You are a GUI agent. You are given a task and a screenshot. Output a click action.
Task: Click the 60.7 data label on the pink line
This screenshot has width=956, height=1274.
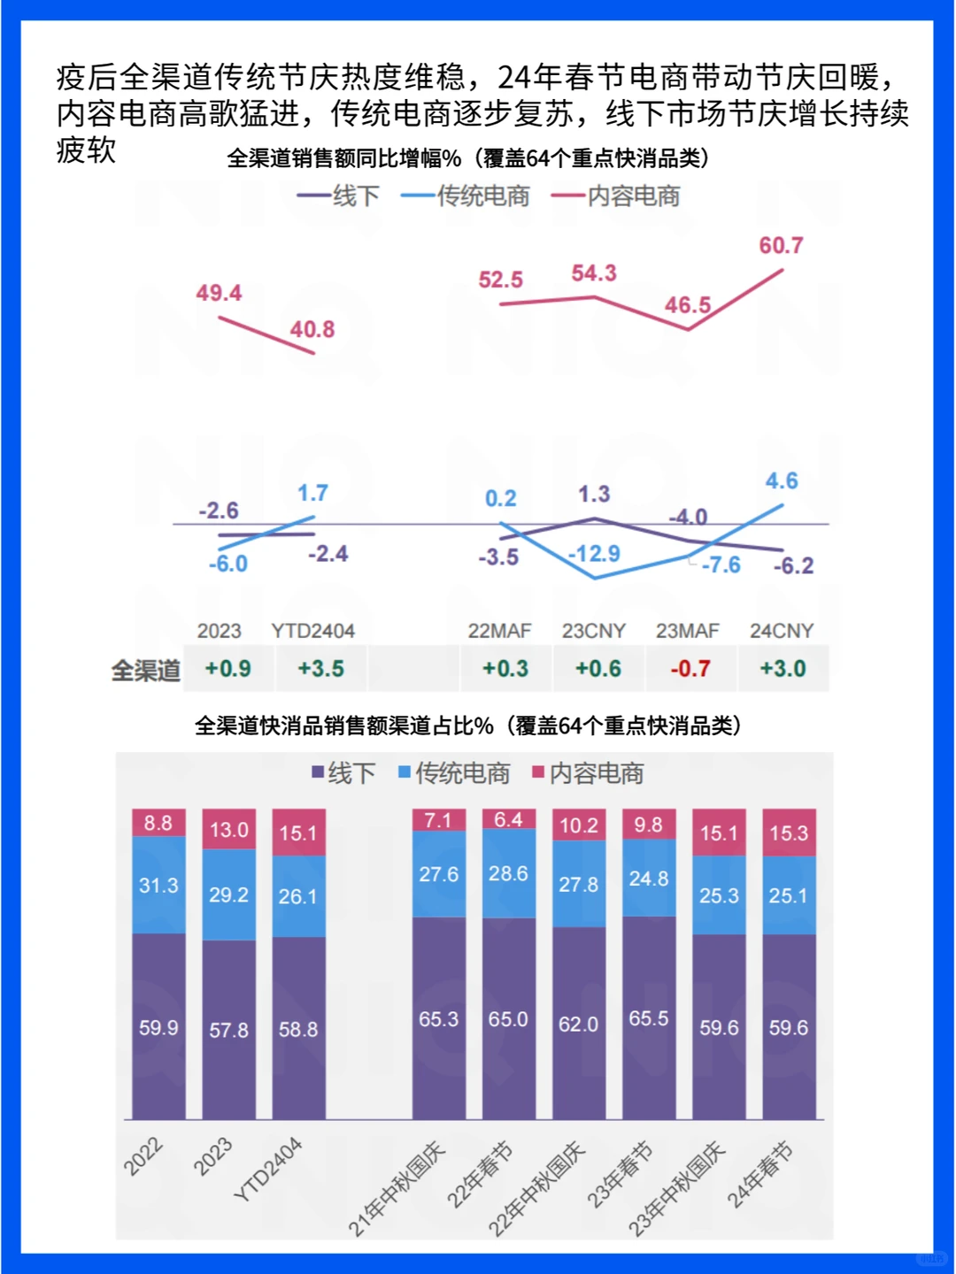(781, 246)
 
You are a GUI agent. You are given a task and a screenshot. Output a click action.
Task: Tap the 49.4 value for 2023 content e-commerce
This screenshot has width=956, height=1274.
(219, 293)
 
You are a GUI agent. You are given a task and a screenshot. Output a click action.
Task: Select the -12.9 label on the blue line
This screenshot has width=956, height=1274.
(594, 554)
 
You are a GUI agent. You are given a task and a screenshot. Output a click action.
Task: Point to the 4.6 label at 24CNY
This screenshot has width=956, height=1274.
(782, 481)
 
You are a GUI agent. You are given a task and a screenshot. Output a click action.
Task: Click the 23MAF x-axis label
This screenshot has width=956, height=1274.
(687, 631)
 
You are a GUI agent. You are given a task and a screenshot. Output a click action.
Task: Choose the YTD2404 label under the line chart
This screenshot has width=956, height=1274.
(312, 631)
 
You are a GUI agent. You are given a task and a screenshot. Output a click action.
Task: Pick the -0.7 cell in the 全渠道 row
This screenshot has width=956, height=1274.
(690, 669)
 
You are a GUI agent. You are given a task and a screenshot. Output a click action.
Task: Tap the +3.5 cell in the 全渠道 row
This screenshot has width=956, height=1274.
(320, 669)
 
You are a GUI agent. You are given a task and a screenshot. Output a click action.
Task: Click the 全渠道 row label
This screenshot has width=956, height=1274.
(145, 671)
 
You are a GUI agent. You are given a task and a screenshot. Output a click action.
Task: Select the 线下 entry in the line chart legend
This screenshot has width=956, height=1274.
(339, 196)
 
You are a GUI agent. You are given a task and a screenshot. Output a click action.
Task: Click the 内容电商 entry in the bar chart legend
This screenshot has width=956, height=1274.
(588, 773)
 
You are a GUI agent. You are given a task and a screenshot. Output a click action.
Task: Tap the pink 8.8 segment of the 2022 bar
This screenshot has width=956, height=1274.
(158, 823)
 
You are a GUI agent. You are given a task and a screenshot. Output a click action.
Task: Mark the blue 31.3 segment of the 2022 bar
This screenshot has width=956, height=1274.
(158, 885)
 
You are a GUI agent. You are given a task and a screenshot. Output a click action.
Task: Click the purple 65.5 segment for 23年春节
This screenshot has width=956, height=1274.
(649, 1018)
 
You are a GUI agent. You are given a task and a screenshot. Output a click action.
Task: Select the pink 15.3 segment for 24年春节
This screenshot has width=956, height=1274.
(789, 833)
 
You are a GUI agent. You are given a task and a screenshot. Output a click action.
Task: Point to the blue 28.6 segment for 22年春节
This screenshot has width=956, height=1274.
(509, 873)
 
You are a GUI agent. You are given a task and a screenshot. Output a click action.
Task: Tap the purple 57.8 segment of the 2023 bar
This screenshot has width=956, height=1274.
(228, 1030)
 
